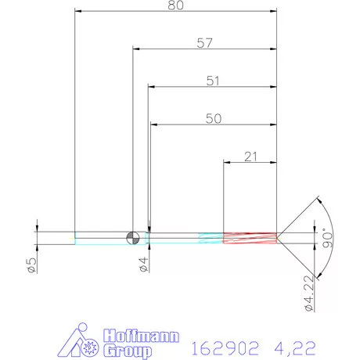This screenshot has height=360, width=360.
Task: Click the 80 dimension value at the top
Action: (175, 6)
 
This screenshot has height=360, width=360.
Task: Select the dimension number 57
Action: (205, 44)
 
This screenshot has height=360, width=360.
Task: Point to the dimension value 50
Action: (213, 118)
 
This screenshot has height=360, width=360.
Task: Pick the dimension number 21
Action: (250, 157)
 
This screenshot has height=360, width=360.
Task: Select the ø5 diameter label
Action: (32, 265)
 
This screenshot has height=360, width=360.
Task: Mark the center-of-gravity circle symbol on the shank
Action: (134, 237)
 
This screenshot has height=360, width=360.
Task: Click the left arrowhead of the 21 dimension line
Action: (228, 163)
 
